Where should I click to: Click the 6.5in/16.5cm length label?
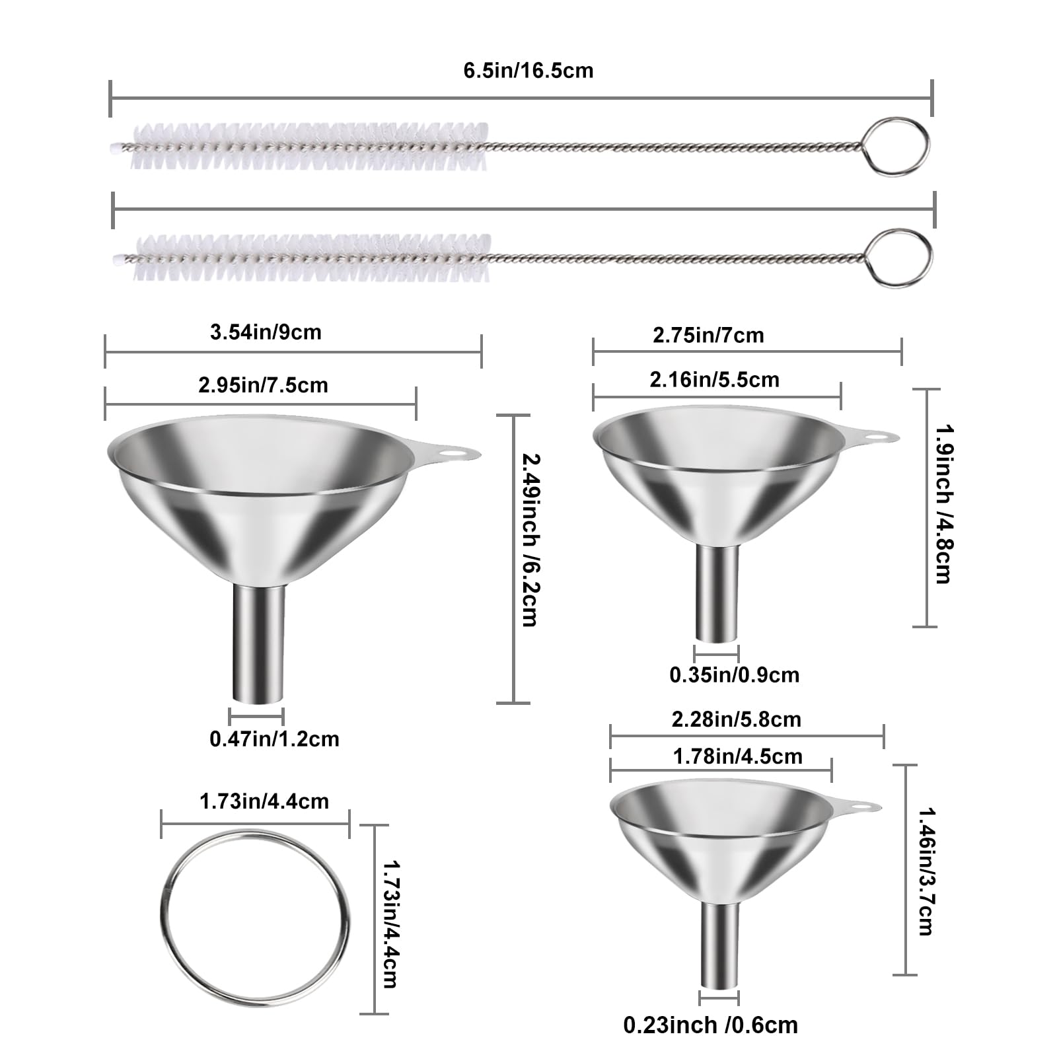(528, 70)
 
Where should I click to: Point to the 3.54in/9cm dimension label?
(266, 332)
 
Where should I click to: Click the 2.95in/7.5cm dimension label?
(263, 384)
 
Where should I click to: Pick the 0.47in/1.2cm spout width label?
(274, 738)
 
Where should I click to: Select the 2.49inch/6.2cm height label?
(528, 538)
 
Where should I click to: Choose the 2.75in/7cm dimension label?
(708, 335)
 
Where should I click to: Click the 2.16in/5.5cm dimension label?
(714, 379)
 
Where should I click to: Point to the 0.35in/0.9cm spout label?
(734, 674)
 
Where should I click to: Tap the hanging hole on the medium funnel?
(877, 437)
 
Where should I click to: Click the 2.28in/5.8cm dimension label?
(736, 719)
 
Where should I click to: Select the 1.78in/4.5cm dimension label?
(737, 756)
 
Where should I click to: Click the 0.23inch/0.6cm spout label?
(710, 1025)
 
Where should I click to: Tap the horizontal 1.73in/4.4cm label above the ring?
(264, 801)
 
